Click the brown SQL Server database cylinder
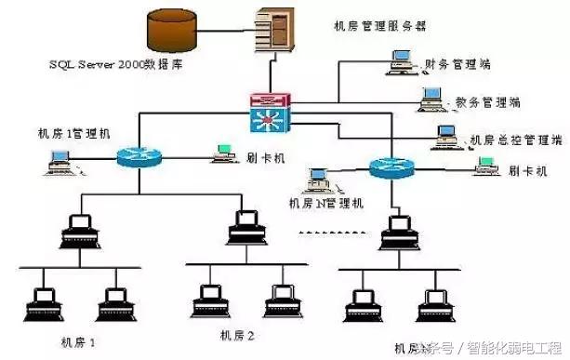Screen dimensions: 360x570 173,32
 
